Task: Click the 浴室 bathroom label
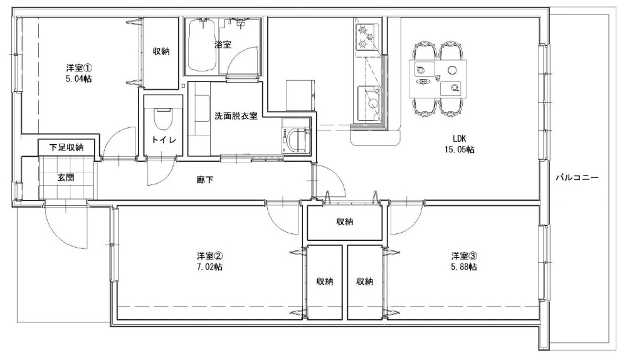coord(223,45)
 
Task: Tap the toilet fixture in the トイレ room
coord(163,119)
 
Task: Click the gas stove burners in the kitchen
coord(367,36)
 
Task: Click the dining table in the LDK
coord(438,78)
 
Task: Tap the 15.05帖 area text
coord(459,150)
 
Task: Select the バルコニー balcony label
coord(577,177)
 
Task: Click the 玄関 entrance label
coord(66,177)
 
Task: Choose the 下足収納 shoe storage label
coord(66,147)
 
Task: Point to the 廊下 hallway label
coord(205,180)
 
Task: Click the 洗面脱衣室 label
coord(236,116)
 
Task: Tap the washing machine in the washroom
coord(297,139)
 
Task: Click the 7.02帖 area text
coord(209,267)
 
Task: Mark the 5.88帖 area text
coord(464,267)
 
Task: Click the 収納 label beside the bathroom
coord(161,51)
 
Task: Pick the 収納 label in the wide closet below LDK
coord(344,221)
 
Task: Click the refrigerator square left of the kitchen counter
coord(300,95)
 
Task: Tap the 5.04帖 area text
coord(78,78)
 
